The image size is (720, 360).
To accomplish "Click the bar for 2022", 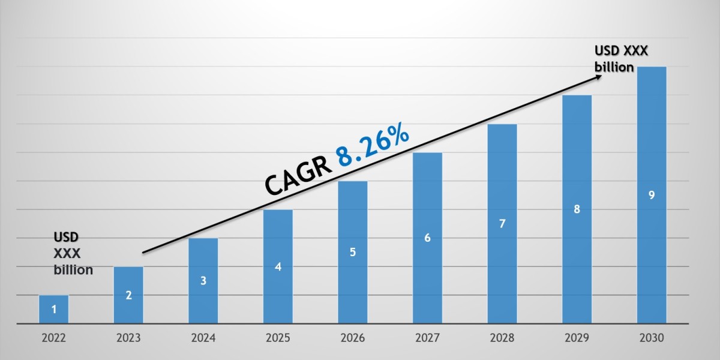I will (x=54, y=310).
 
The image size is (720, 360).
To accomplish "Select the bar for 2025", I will (x=278, y=266).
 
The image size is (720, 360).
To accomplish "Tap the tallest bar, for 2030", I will (x=652, y=195).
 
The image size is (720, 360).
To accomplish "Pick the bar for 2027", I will (x=427, y=238).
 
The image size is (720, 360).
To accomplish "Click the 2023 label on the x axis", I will (x=128, y=338).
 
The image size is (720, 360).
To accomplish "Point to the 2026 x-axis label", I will (x=353, y=338).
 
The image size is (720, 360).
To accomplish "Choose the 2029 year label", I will (x=577, y=338).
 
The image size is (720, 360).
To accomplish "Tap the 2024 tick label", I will (x=203, y=338).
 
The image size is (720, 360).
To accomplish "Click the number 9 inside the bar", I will (x=652, y=195).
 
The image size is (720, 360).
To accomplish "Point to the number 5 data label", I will (x=353, y=252).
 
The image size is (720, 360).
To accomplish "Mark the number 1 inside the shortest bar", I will (x=54, y=310).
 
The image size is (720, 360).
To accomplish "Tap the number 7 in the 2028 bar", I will (x=502, y=224).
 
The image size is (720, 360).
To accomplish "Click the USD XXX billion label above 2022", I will (x=73, y=253).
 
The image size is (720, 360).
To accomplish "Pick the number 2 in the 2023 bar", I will (x=128, y=295).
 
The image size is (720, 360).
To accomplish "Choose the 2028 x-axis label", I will (x=502, y=338).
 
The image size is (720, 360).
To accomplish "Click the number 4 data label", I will (x=278, y=266).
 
